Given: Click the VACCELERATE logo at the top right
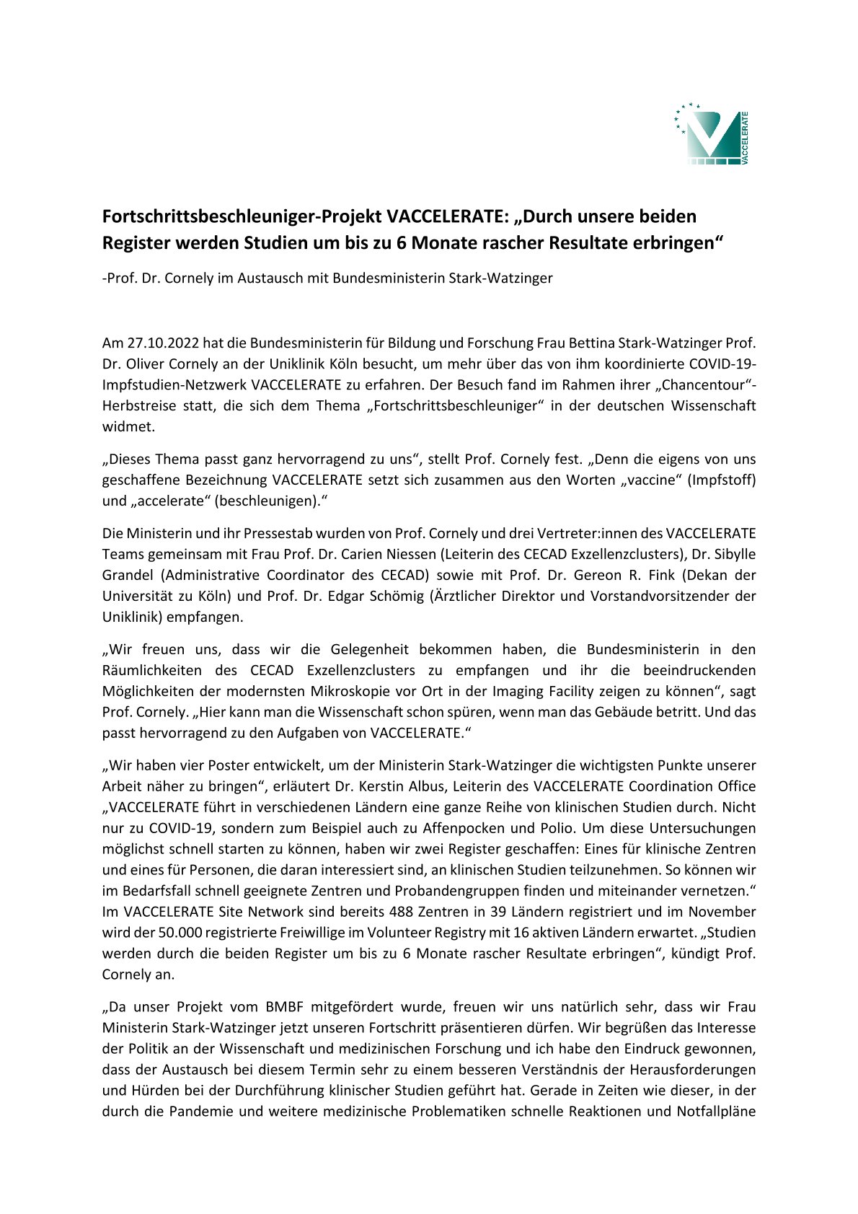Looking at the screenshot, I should (x=712, y=134).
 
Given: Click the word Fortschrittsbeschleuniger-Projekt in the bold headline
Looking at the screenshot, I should (x=242, y=216).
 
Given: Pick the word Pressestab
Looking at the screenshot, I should (x=275, y=534).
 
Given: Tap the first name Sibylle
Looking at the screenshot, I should (x=732, y=555).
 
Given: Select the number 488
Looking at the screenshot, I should (x=400, y=912).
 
